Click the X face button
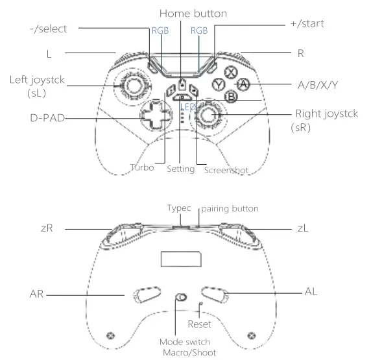[x=231, y=72]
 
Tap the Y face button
[x=219, y=84]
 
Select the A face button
[x=243, y=84]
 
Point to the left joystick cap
[x=133, y=85]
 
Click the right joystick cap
[x=208, y=115]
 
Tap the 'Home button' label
[x=193, y=14]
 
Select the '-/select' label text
[x=49, y=29]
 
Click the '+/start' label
[x=307, y=23]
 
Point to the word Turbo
[x=142, y=167]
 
